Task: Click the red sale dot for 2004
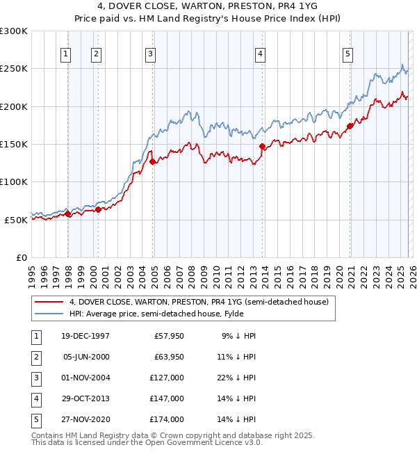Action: tap(152, 162)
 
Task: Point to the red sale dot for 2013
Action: tap(262, 147)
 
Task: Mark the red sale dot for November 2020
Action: tap(350, 127)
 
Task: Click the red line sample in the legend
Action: tap(49, 302)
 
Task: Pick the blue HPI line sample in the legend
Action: tap(49, 314)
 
